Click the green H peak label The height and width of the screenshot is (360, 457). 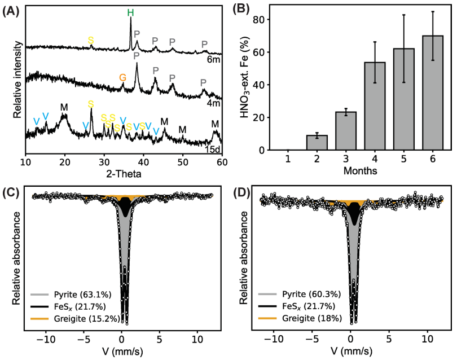coord(130,11)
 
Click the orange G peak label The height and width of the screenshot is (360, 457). coord(122,77)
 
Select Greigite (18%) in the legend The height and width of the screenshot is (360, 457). coord(314,318)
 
